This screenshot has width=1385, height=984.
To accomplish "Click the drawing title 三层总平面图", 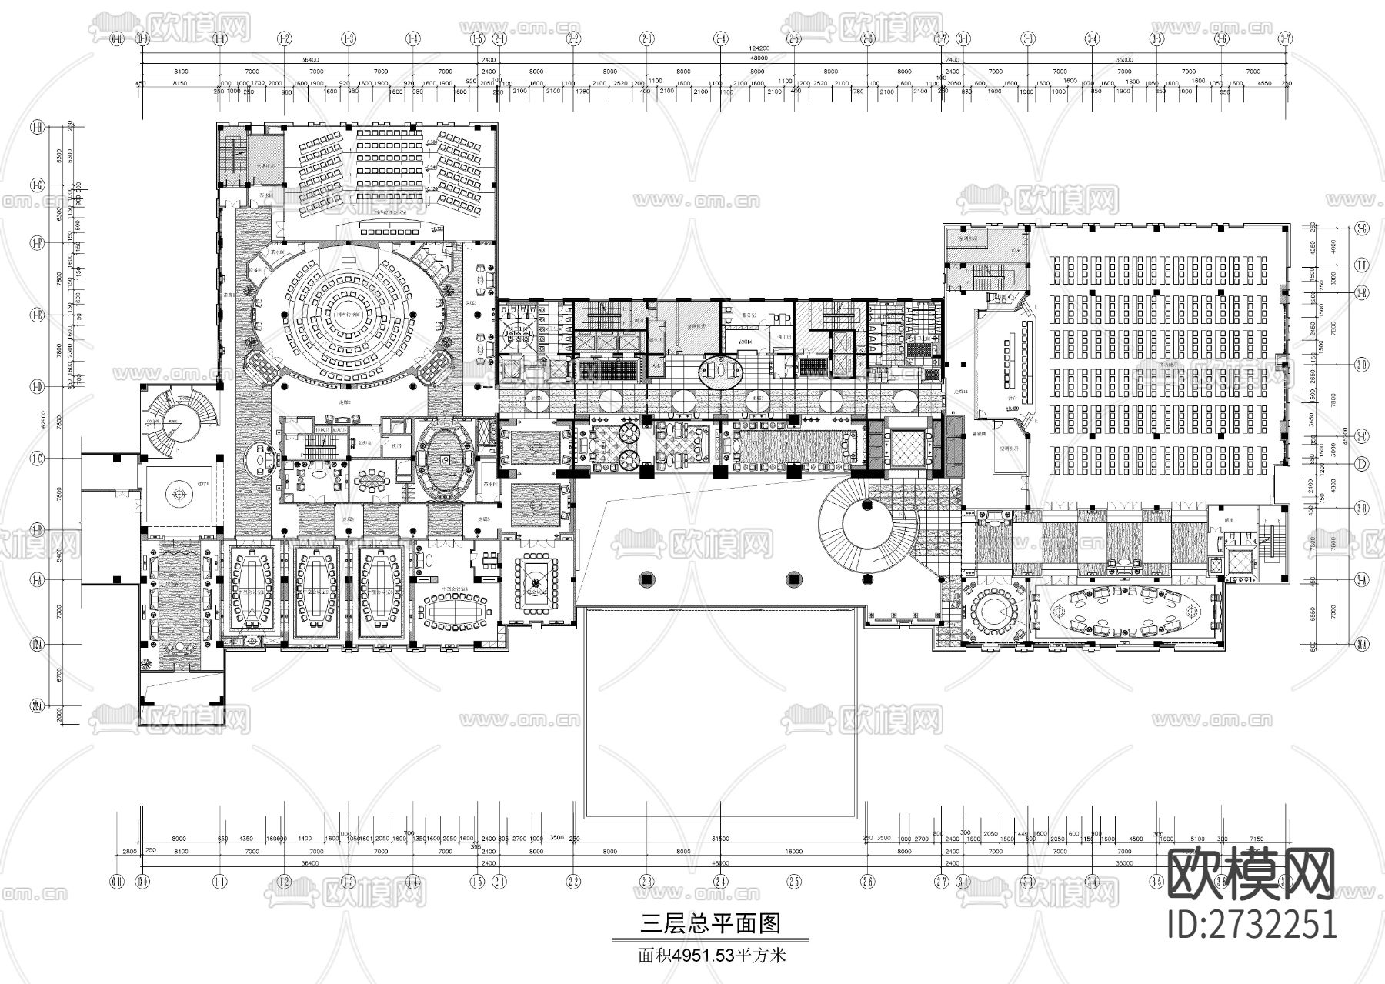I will click(x=709, y=923).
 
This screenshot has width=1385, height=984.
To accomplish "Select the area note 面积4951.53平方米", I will click(x=709, y=956).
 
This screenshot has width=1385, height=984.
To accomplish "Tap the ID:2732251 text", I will click(x=1251, y=923).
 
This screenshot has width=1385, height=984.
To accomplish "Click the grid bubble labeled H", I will click(x=1361, y=265).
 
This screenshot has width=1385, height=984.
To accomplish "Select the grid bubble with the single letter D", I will click(x=1361, y=464).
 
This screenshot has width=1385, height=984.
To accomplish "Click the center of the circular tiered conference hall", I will click(x=350, y=315).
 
